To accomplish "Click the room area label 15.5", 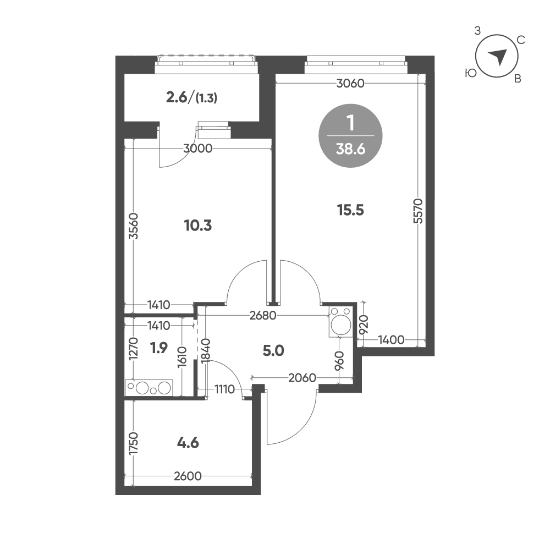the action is pos(350,211).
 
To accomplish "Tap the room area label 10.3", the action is pos(198,226).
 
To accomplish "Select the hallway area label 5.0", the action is pos(273,350).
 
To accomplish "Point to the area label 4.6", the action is pos(188,443).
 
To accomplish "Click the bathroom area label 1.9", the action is pos(159,348).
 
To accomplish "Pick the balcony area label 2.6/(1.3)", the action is pos(191,98).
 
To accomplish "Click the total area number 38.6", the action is pos(350,150).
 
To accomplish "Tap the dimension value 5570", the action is pos(418,211).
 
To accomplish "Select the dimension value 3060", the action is pos(350,84).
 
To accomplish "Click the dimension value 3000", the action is pos(198,148).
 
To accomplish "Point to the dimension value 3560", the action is pos(133,226).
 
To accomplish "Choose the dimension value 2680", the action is pos(263,316).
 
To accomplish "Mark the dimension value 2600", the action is pos(188,476).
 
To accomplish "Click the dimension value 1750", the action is pos(134,443).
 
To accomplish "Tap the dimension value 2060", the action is pos(302,378).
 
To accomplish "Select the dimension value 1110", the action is pos(224,389).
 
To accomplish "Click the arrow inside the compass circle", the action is pos(498,57).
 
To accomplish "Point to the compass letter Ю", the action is pos(471,73).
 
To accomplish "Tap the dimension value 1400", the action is pos(391,339).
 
